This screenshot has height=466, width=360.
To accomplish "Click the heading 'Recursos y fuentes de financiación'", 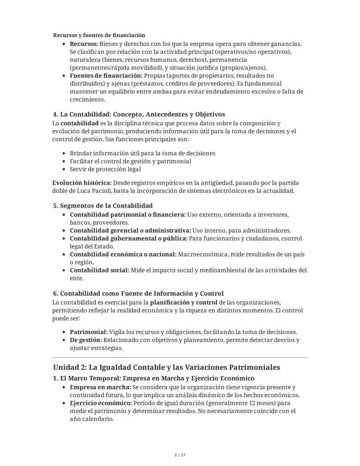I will click(x=99, y=35).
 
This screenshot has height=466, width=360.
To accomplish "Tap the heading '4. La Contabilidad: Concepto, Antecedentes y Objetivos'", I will click(x=139, y=114).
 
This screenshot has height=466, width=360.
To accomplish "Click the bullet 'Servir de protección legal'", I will click(x=105, y=169).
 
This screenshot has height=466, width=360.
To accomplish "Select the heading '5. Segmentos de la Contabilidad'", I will click(x=103, y=205).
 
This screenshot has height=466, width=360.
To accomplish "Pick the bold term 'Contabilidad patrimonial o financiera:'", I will click(x=127, y=215).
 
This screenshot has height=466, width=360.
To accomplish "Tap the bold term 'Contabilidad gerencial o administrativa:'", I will click(x=130, y=231).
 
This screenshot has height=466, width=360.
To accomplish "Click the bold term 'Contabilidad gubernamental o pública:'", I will click(x=129, y=238).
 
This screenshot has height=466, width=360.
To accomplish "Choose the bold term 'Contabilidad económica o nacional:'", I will click(x=123, y=255).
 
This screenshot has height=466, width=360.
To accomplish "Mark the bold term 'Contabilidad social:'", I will click(x=100, y=270).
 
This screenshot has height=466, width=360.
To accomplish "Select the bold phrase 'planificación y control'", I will click(x=184, y=302).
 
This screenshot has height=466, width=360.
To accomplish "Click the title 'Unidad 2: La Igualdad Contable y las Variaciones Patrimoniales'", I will click(x=167, y=367).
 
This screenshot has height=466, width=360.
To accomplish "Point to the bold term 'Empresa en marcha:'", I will click(x=100, y=387).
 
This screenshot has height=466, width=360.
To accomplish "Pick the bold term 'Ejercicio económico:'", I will click(x=101, y=403).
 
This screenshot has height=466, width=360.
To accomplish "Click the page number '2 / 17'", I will click(x=180, y=455).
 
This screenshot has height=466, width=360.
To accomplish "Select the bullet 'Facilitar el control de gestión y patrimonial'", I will click(x=130, y=161).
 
